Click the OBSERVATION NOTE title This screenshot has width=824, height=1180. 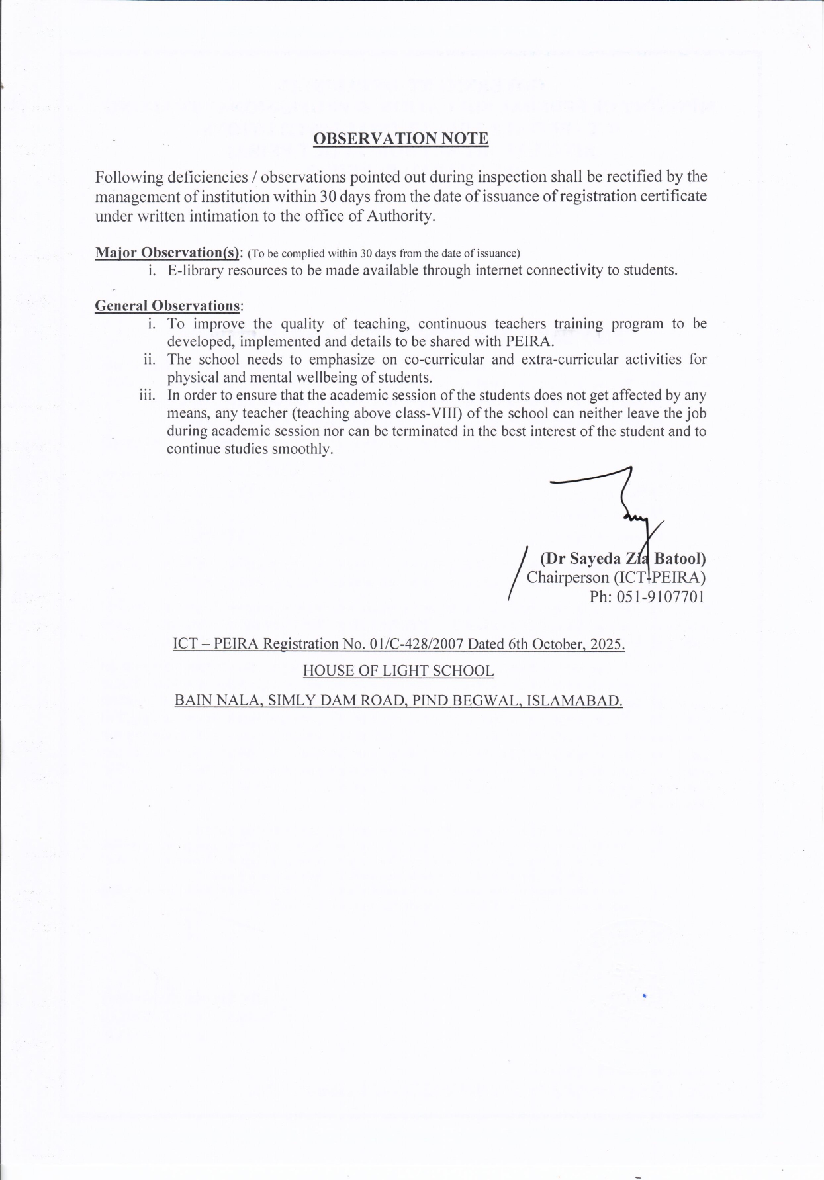point(400,138)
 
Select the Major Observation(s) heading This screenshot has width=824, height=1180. point(169,252)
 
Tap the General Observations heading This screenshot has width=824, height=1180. point(168,306)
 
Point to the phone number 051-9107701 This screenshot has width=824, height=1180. point(660,597)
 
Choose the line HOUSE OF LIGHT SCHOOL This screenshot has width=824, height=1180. point(398,671)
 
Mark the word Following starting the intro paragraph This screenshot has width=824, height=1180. point(128,177)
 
